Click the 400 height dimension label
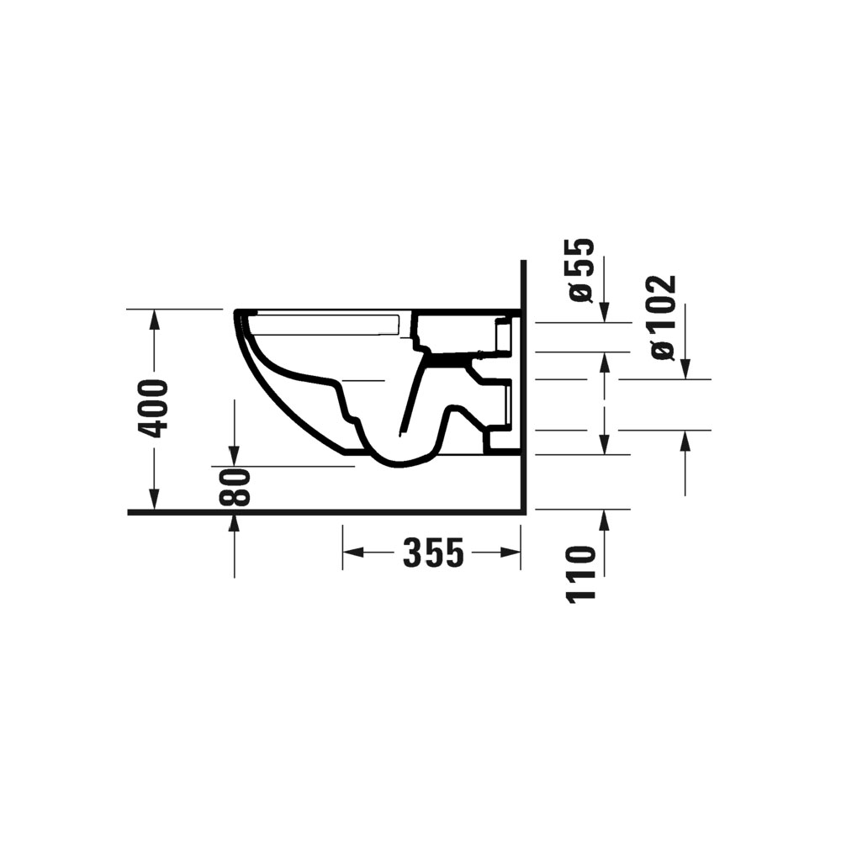[x=154, y=409]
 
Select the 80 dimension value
[x=235, y=487]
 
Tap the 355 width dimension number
[x=432, y=553]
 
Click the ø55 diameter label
[x=580, y=270]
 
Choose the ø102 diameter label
[x=663, y=317]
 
